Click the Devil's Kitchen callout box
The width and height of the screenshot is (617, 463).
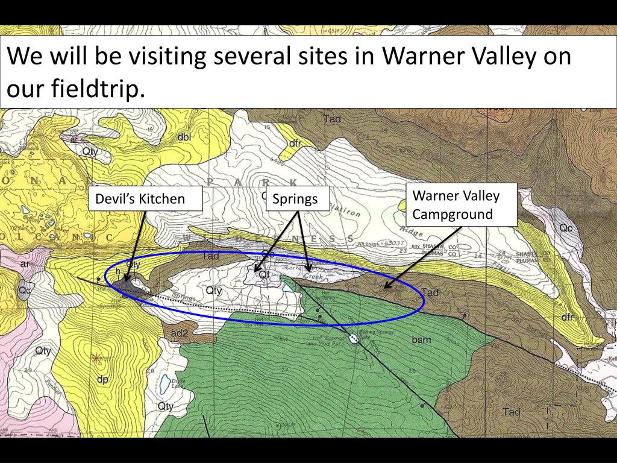tap(146, 198)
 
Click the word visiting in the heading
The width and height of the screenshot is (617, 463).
tap(155, 57)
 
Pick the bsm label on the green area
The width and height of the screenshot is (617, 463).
tap(421, 340)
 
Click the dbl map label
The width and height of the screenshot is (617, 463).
tap(184, 137)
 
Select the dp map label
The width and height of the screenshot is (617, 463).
tap(102, 379)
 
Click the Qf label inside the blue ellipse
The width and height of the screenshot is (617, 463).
tap(264, 274)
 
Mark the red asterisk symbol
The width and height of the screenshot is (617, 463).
tap(96, 357)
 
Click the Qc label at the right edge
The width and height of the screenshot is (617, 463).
tap(566, 228)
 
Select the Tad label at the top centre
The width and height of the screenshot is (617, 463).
tap(332, 119)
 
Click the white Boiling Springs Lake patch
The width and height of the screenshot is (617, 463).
tap(354, 339)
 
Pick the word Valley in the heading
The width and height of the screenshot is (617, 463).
tap(504, 57)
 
